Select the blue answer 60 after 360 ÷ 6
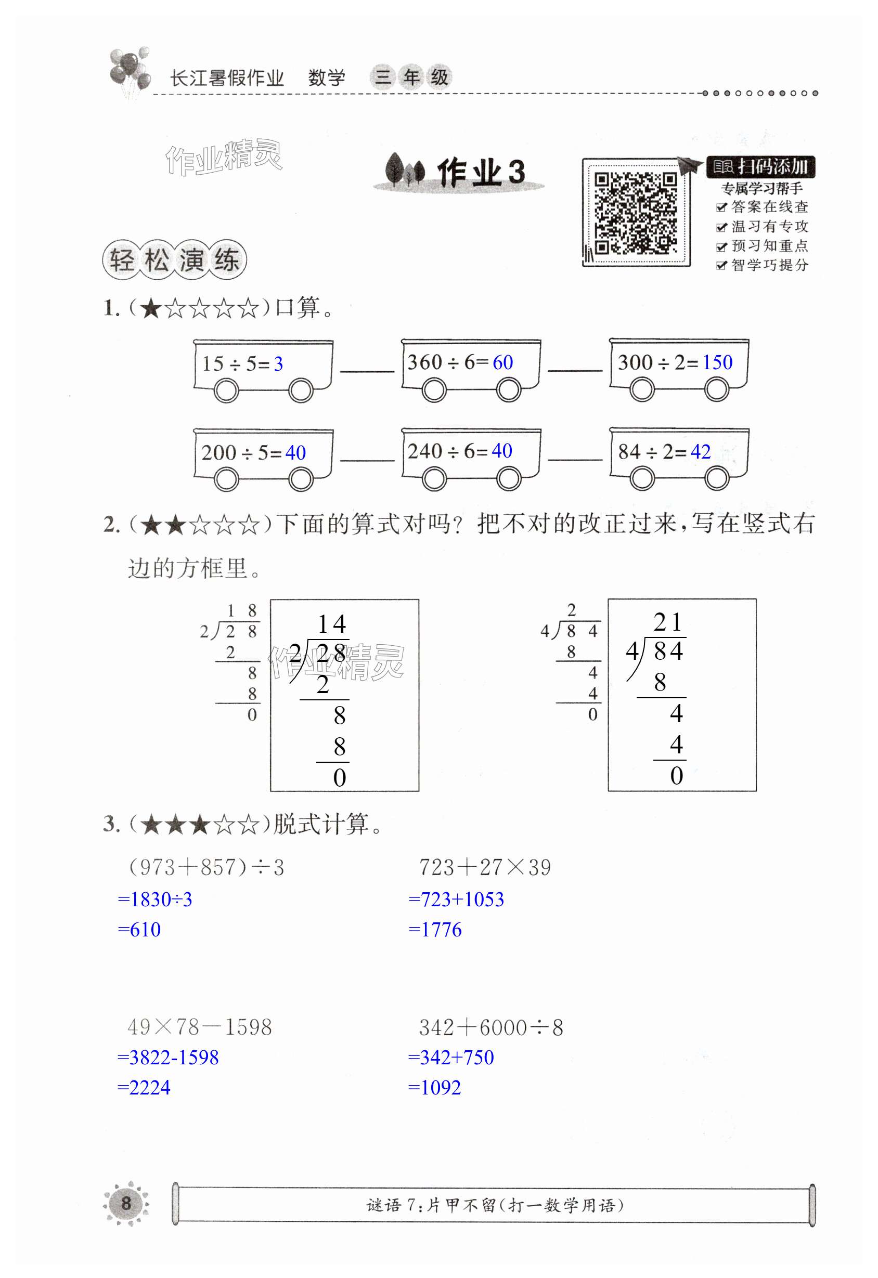(502, 362)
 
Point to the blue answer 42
(700, 451)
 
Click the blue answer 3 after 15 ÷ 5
(278, 364)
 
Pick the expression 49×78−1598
(199, 1027)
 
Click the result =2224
(144, 1088)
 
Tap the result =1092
(435, 1088)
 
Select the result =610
(139, 929)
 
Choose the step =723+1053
(456, 899)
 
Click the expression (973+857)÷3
(206, 867)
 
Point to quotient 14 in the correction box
(332, 624)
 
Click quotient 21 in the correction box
(668, 622)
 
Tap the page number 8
(126, 1203)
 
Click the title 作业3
(480, 172)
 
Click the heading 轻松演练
(174, 260)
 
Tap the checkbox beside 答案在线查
(721, 207)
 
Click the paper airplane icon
(690, 165)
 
